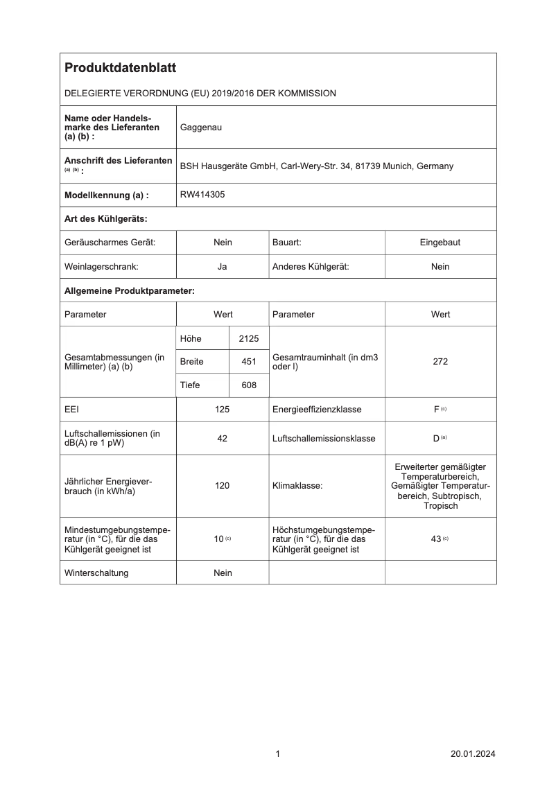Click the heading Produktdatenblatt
point(120,68)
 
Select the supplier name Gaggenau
point(201,128)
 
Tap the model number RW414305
point(202,195)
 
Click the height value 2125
point(248,338)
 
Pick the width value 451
point(248,362)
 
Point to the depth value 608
point(248,385)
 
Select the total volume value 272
point(440,362)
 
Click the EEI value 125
point(223,410)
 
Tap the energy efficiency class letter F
point(437,410)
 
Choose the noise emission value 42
point(223,439)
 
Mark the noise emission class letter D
point(436,439)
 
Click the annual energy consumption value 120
point(223,486)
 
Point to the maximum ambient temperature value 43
point(436,539)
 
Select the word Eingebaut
point(440,243)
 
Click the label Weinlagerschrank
point(101,266)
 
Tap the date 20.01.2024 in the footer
point(473,754)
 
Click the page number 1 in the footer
point(277,754)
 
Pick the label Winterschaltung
point(96,573)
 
